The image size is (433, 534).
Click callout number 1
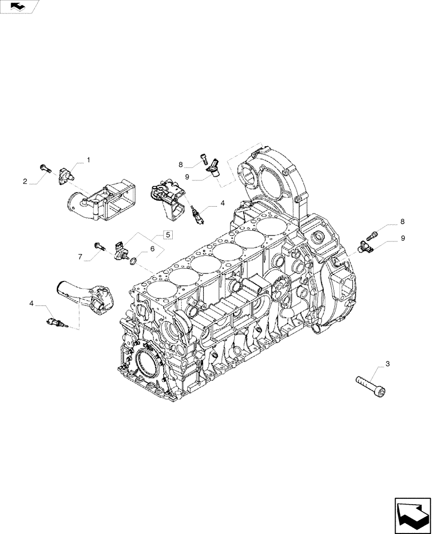89,160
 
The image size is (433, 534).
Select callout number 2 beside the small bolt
25,182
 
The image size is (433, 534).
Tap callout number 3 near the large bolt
388,364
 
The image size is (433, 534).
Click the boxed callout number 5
167,234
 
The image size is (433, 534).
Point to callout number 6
152,249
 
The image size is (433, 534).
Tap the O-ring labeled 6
134,261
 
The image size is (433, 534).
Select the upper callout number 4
222,203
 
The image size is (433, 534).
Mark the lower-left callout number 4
32,303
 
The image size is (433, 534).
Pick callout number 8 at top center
181,164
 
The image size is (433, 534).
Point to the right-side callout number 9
403,238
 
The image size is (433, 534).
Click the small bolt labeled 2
45,169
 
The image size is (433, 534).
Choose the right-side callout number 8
403,221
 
